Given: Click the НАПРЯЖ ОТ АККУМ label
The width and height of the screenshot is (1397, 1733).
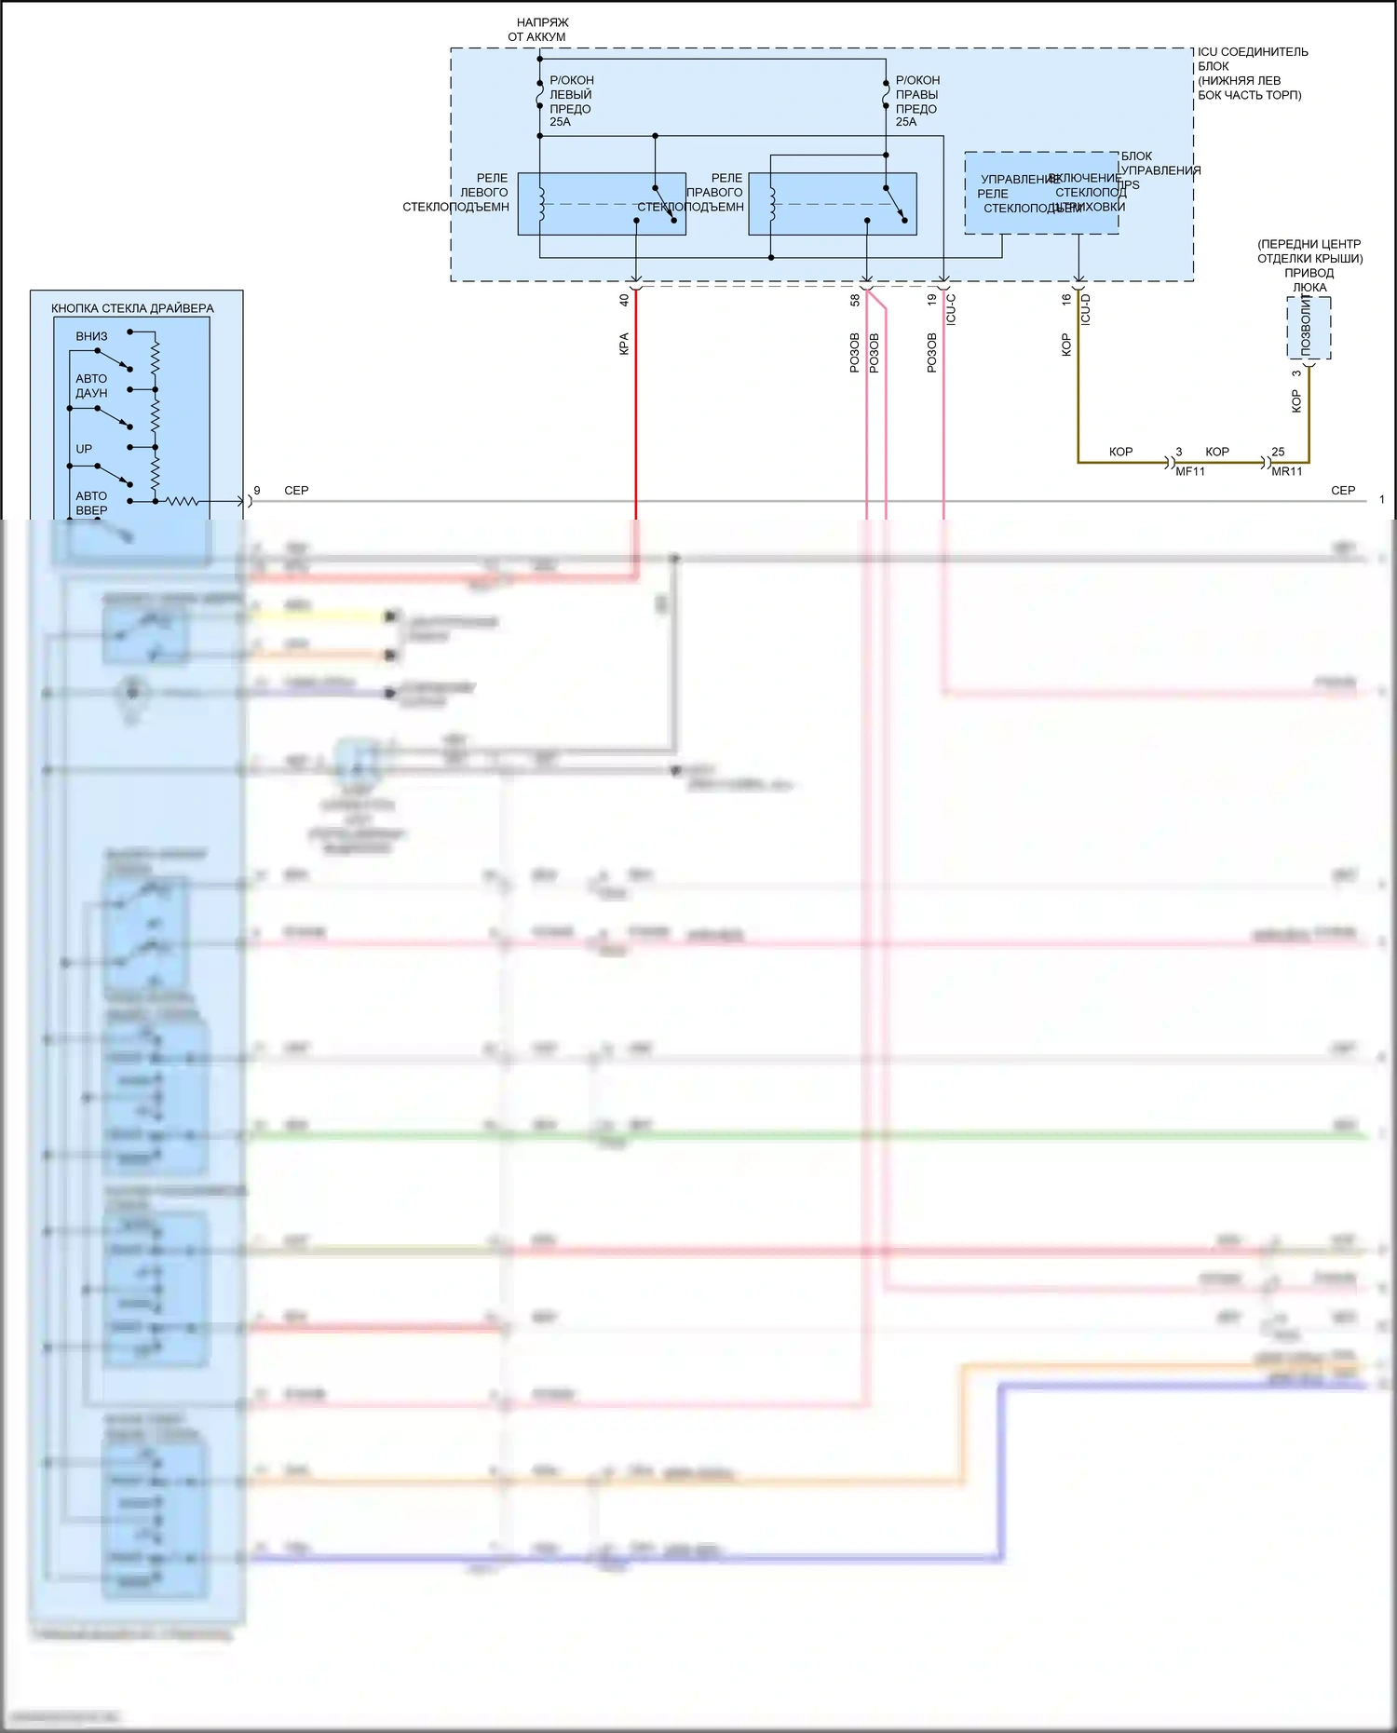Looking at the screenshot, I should tap(539, 30).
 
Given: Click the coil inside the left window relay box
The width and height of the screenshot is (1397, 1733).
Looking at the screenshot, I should tap(540, 204).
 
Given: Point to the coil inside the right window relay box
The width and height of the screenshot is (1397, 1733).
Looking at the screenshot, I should tap(771, 204).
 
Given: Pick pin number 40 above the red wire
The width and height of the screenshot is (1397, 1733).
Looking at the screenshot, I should tap(624, 300).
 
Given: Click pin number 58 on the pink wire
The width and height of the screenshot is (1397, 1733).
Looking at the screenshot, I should tap(855, 300).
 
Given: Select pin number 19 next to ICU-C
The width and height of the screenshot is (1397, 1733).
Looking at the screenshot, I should tap(931, 300).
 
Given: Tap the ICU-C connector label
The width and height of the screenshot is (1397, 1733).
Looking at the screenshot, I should tap(951, 309).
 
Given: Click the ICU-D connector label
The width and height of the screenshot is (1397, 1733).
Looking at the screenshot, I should tap(1085, 309).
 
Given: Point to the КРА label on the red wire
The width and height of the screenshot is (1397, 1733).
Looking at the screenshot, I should tap(624, 344).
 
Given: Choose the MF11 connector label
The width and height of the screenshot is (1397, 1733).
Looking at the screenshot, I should tap(1190, 472).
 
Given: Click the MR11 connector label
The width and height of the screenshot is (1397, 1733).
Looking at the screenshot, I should tap(1287, 472).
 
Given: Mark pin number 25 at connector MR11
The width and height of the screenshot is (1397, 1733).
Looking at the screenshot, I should tap(1278, 452).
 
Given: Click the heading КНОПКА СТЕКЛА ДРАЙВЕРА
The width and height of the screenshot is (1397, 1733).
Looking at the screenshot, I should tap(132, 308).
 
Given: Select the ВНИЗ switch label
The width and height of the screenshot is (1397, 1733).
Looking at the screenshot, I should tap(91, 336).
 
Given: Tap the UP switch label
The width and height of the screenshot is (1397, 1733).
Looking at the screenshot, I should tap(84, 449).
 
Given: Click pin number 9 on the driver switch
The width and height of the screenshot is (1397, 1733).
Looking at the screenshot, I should tap(257, 490).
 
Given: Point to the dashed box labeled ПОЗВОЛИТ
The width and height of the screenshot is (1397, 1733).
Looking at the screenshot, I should tap(1309, 328).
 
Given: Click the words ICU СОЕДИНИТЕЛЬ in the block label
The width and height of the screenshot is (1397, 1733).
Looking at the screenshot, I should tap(1253, 52).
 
